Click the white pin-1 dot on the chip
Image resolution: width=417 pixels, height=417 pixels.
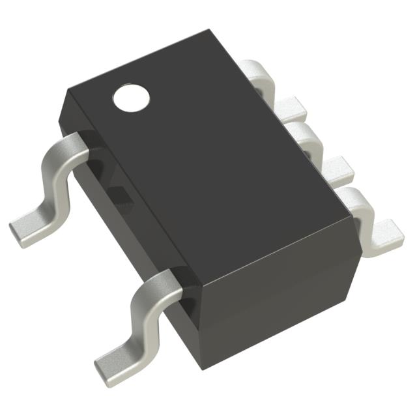click(x=131, y=98)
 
